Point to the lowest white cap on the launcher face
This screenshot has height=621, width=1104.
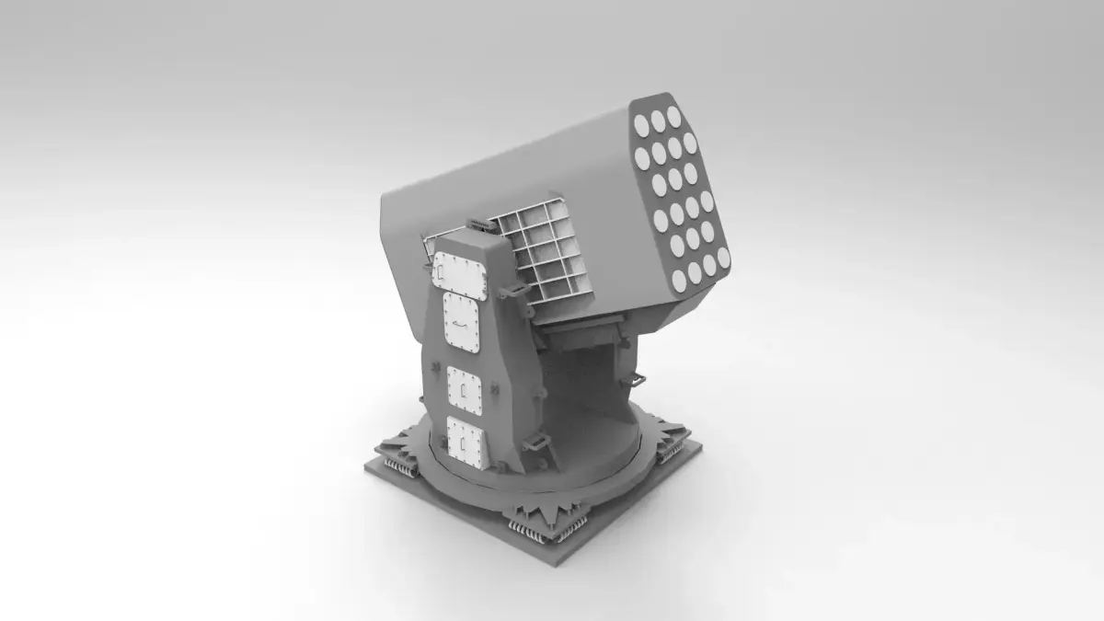(678, 280)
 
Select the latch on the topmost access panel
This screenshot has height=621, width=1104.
(444, 273)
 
